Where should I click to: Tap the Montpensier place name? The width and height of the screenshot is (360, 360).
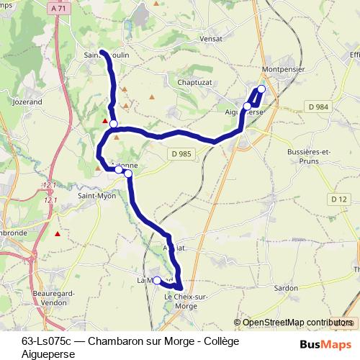[284, 69]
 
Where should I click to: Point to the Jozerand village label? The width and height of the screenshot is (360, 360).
[27, 102]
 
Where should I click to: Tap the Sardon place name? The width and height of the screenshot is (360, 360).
[286, 287]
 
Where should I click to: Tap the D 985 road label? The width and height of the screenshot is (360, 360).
[183, 153]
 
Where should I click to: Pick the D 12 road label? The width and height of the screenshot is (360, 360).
[338, 199]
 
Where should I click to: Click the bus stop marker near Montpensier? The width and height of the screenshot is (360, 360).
[261, 89]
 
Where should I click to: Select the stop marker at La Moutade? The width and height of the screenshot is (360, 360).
[157, 281]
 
